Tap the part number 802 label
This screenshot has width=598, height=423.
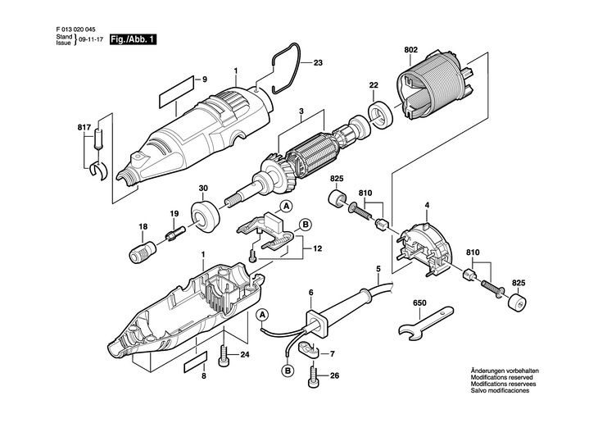411,50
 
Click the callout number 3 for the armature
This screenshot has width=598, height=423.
301,111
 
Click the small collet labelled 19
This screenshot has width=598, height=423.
173,235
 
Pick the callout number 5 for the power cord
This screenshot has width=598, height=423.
378,269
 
